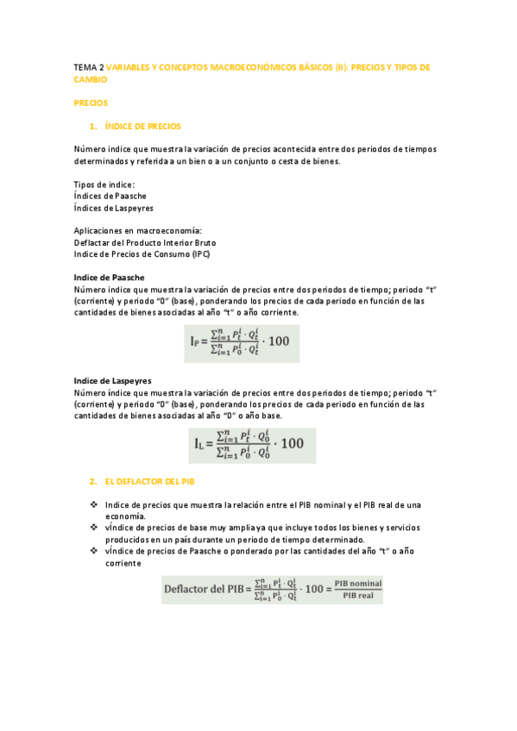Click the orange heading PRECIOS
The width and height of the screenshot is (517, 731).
pyautogui.click(x=91, y=103)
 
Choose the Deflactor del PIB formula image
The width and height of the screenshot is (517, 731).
pyautogui.click(x=273, y=590)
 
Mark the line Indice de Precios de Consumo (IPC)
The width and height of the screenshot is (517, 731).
pyautogui.click(x=142, y=254)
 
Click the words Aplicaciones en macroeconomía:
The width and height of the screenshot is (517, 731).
pyautogui.click(x=137, y=231)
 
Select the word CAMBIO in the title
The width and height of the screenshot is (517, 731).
pyautogui.click(x=91, y=79)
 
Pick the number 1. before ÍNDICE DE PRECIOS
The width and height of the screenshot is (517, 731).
pyautogui.click(x=94, y=126)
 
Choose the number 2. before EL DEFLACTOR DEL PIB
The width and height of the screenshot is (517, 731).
pyautogui.click(x=93, y=481)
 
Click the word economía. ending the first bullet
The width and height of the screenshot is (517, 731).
pyautogui.click(x=124, y=515)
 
